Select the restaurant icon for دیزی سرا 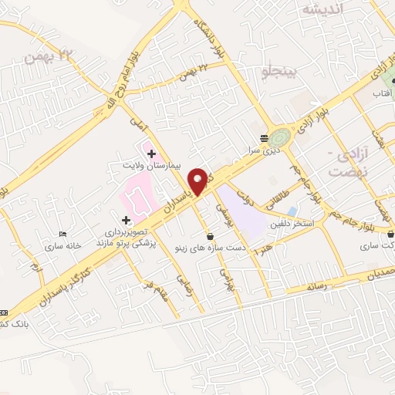(x=265, y=137)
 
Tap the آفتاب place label (x=383, y=93)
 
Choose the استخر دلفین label (x=290, y=224)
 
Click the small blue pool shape (x=291, y=211)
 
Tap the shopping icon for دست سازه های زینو (x=210, y=236)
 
